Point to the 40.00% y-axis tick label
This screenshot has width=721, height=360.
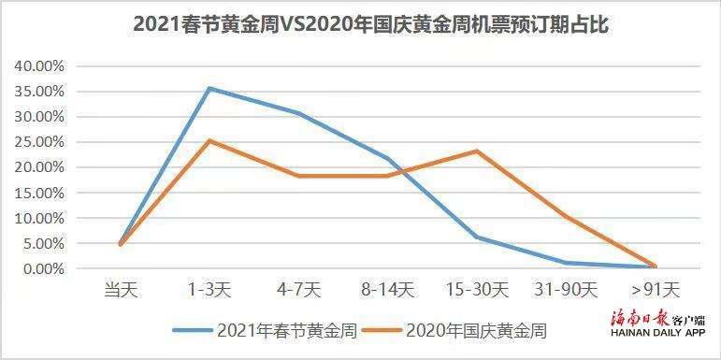[x=37, y=66]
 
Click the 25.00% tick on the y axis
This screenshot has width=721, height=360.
[x=37, y=142]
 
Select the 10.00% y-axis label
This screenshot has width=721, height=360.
[x=37, y=218]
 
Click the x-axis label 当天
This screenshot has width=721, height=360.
[x=121, y=291]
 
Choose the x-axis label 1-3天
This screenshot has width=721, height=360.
[x=209, y=291]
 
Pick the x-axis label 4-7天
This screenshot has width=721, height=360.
[x=298, y=291]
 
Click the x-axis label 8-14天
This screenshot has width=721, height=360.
[x=388, y=291]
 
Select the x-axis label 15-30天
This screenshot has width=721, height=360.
[x=477, y=291]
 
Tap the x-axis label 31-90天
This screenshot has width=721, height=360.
[x=566, y=291]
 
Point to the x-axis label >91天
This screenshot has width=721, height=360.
[x=656, y=291]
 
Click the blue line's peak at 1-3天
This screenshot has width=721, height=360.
[x=209, y=88]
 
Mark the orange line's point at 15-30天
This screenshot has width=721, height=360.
[x=477, y=151]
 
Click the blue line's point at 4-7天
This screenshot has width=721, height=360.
[x=298, y=113]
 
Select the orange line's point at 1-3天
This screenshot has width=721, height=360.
[x=209, y=140]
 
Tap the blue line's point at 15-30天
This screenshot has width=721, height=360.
[x=477, y=237]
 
